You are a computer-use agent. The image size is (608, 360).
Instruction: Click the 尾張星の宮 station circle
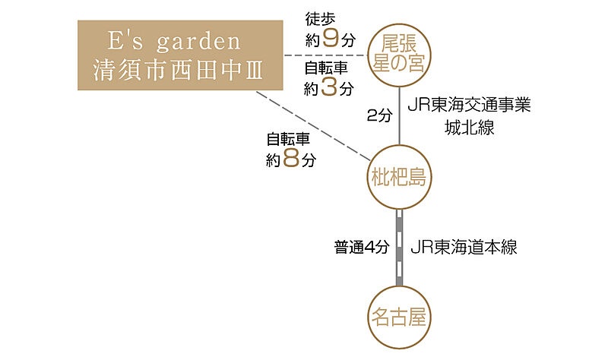coord(399,51)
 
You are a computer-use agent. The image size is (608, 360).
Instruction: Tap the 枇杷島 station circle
coord(399,178)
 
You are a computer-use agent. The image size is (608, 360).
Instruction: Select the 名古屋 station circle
coord(399,314)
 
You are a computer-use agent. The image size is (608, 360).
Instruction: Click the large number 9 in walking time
coord(330,39)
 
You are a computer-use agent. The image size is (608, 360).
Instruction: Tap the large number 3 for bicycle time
coord(329,87)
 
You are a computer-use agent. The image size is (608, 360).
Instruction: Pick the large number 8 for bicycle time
coord(289,160)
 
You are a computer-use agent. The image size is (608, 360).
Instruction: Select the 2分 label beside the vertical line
coord(379,115)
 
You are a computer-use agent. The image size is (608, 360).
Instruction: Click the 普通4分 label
coord(361,248)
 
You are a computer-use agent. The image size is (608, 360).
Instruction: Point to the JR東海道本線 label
coord(463,248)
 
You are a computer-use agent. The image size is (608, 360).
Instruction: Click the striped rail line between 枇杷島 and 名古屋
coord(399,247)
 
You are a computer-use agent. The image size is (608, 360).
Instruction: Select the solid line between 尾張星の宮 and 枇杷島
coord(399,114)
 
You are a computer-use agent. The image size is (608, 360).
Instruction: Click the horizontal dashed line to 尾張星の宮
coord(325,55)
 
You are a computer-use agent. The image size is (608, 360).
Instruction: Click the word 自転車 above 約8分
coord(288,140)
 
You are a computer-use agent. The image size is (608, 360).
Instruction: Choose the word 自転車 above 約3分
coord(327,68)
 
